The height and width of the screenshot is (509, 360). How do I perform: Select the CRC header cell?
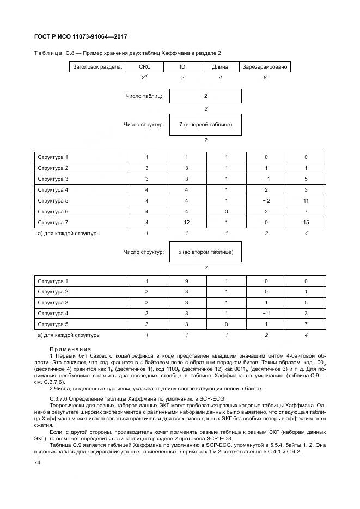coord(145,67)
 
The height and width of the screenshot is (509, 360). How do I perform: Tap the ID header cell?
coord(182,67)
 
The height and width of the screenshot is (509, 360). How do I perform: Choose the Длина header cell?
coord(221,67)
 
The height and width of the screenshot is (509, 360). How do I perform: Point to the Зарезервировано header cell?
coord(265,67)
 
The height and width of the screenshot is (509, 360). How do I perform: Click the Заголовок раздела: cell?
coord(97,67)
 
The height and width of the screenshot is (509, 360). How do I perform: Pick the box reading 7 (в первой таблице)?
coord(205,125)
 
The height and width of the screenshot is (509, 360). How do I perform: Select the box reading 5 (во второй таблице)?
coord(205,252)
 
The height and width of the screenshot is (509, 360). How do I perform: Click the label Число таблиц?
coord(144,96)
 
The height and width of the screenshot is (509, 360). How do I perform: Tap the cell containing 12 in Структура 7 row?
coord(186,222)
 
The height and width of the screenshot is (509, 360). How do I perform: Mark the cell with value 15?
coord(306,222)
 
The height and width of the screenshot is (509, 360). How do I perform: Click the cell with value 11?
coord(306,200)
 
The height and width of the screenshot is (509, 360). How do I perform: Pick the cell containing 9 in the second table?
coord(186,281)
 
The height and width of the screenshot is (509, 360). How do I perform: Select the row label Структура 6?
coord(53,211)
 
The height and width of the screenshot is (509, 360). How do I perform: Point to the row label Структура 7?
coord(53,222)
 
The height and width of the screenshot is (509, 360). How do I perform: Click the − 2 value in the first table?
coord(266,200)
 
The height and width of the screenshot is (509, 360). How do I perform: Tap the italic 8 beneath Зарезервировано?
coord(265,78)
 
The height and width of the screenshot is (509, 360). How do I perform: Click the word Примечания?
coord(70,349)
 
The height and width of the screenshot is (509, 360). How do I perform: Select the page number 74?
coord(37,462)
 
